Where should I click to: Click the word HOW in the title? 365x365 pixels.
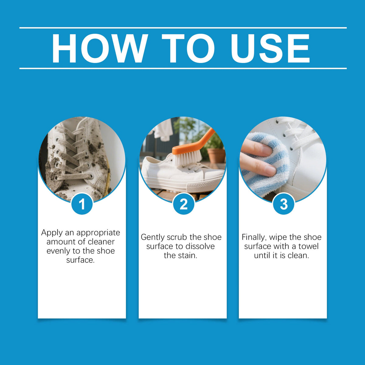pos(100,48)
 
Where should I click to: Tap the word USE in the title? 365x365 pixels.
pos(270,48)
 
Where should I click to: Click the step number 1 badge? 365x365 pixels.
pos(82,204)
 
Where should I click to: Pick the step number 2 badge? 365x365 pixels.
pos(183,204)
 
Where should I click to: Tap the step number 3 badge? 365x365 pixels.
pos(283,204)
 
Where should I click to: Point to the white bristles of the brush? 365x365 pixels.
pos(188,159)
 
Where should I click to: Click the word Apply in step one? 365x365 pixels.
pos(52,233)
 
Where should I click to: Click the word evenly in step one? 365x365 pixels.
pos(58,251)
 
